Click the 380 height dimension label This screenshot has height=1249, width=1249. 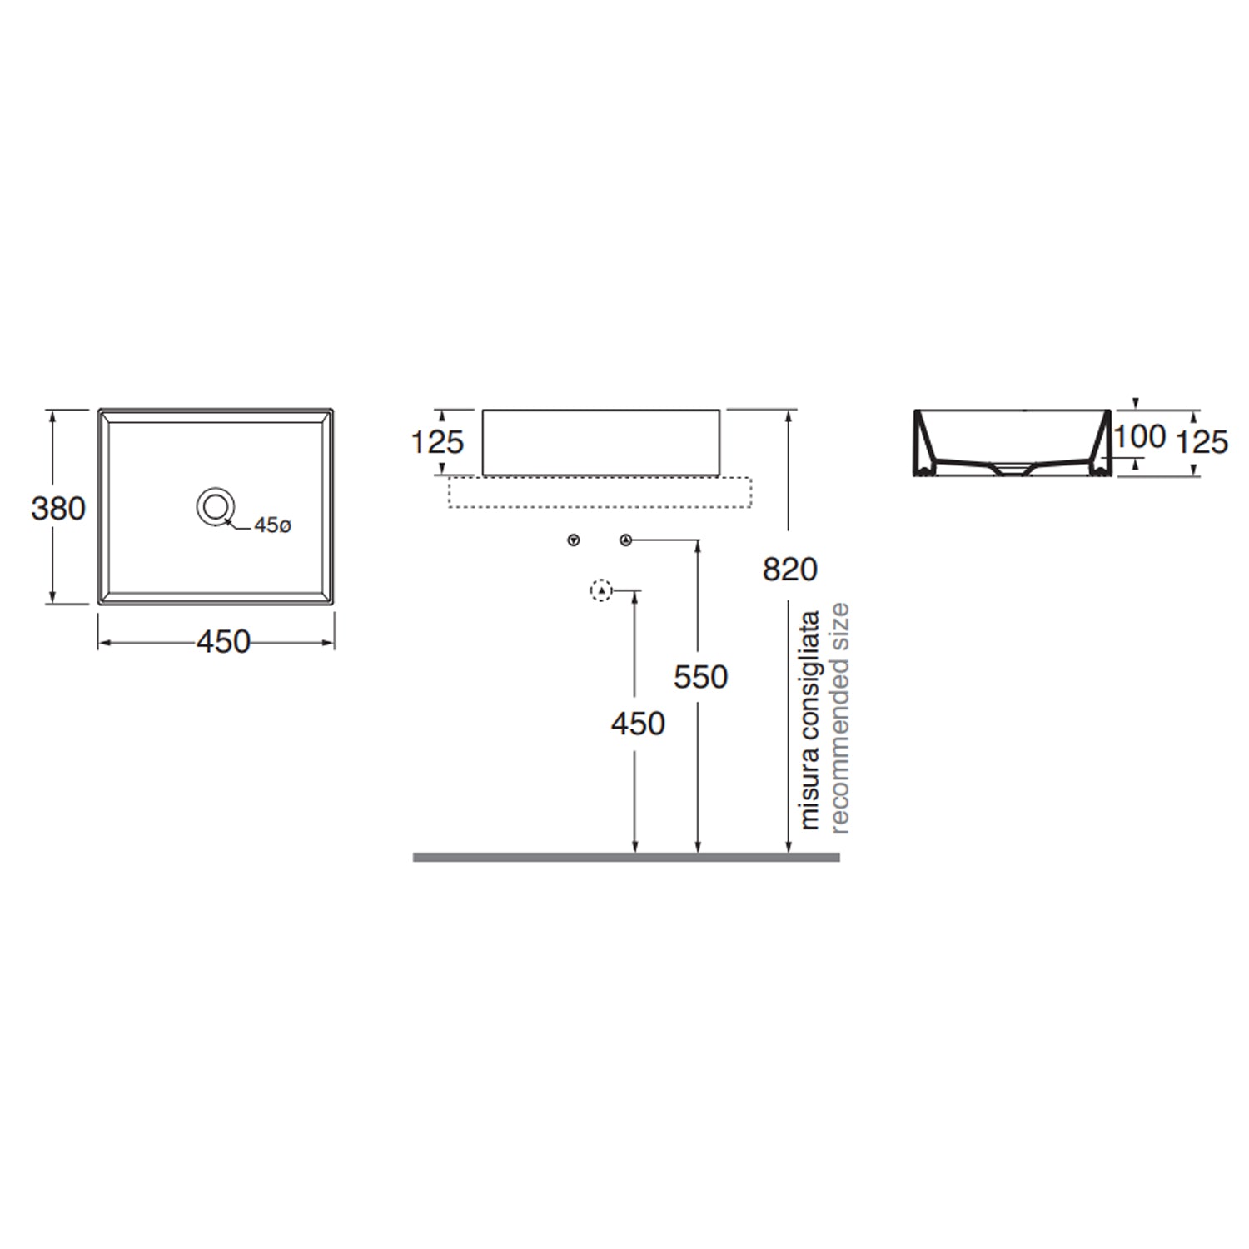point(58,508)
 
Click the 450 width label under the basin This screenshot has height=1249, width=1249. point(223,642)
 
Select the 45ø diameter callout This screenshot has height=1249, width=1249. point(273,526)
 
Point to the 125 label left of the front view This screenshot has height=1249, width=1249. point(438,442)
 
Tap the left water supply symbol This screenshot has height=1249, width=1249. point(573,541)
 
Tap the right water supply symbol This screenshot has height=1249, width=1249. point(626,541)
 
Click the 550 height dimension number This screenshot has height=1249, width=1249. point(701,678)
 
